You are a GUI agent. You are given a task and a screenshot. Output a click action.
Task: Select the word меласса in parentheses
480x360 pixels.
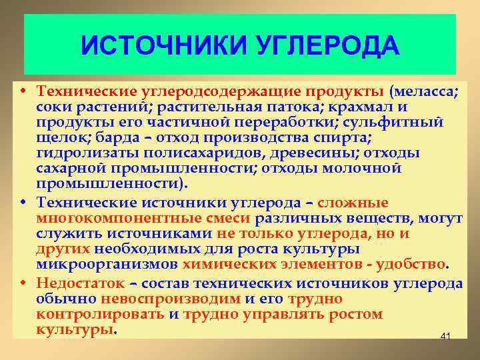[425, 91]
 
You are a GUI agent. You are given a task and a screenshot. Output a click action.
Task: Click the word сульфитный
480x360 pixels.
[404, 122]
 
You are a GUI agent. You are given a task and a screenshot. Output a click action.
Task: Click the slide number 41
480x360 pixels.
[445, 338]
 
